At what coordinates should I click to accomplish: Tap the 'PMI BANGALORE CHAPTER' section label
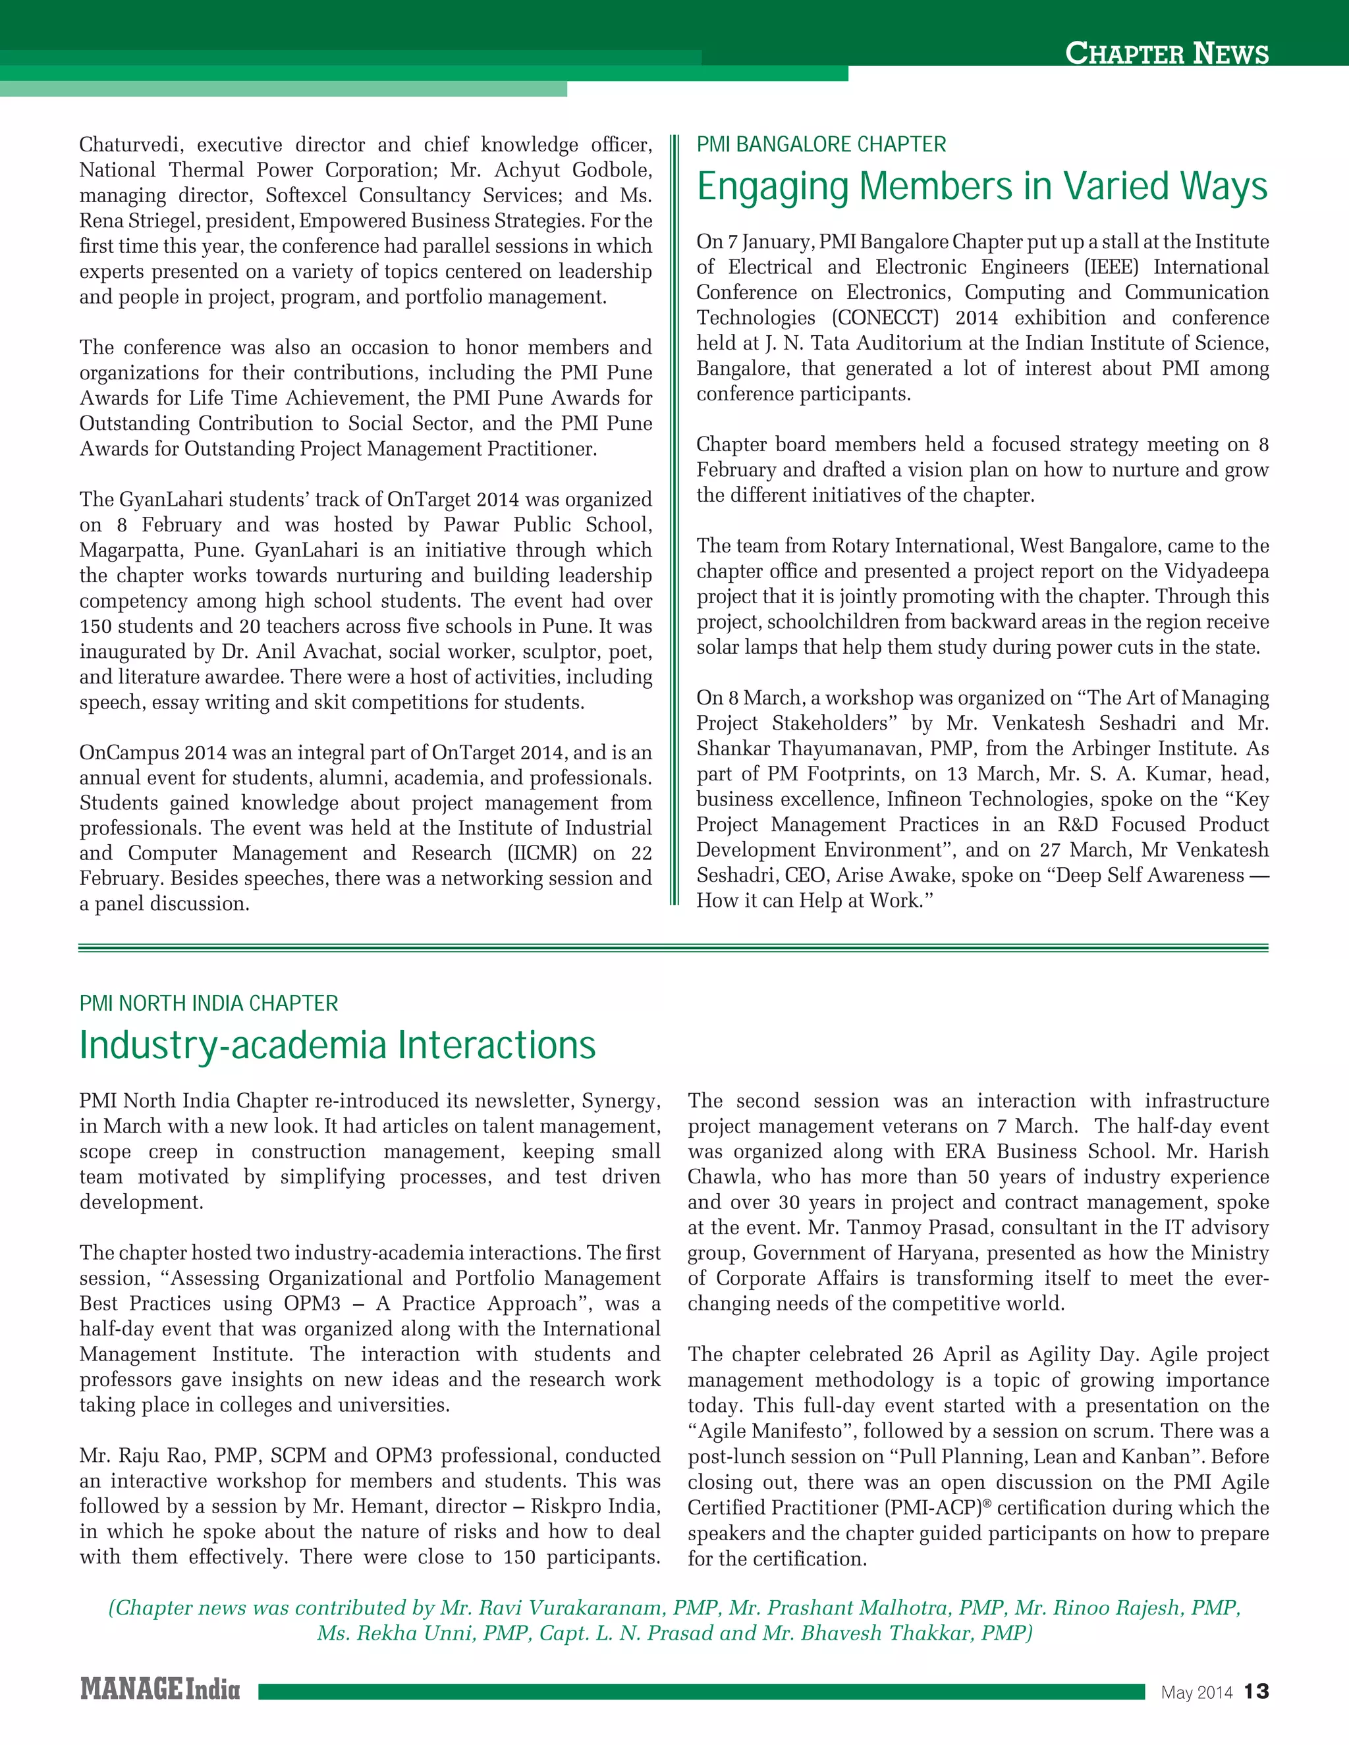(x=821, y=145)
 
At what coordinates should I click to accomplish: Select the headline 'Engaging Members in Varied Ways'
(x=981, y=186)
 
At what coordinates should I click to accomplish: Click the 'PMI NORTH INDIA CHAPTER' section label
(x=209, y=1003)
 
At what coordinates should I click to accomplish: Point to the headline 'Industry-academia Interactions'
(x=337, y=1045)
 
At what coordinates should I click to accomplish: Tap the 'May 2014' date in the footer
(x=1196, y=1692)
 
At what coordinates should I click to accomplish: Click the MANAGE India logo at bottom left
(x=160, y=1689)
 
